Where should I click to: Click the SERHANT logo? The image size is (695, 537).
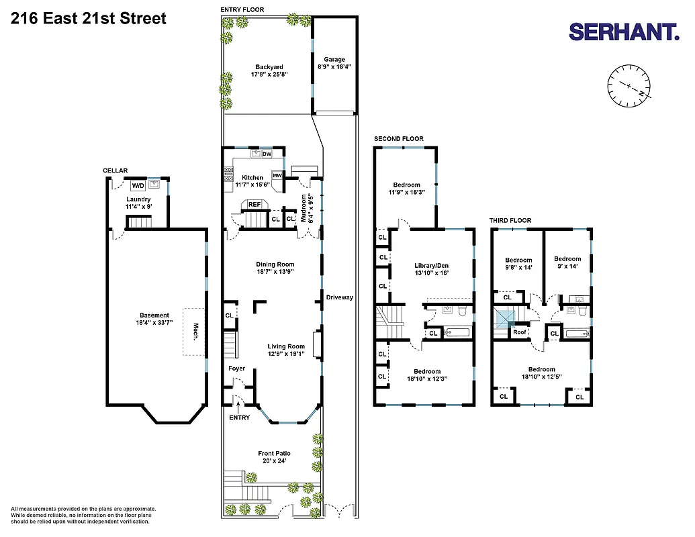point(624,31)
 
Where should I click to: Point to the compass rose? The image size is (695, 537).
point(630,86)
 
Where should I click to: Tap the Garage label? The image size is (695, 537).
point(334,59)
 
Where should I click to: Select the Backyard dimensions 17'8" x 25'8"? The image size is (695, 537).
point(269,75)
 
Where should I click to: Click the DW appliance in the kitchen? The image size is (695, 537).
point(267,154)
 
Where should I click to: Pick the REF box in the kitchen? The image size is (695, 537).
point(254,204)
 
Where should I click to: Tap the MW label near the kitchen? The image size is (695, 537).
point(277,176)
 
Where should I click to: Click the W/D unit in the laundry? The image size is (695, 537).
point(138,185)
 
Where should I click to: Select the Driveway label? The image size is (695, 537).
point(339,297)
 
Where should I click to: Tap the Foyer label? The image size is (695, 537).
point(236,369)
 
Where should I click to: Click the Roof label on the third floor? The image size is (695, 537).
point(520,332)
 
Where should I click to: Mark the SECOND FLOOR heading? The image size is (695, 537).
point(399,139)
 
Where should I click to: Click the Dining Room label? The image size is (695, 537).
point(275,264)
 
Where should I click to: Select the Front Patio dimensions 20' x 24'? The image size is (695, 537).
point(275,461)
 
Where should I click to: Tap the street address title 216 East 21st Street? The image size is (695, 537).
point(89,18)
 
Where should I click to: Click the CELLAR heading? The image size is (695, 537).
point(115,170)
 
